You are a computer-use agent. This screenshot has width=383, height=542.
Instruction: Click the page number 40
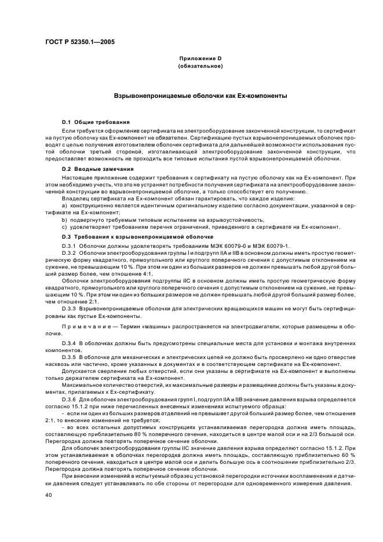(49, 495)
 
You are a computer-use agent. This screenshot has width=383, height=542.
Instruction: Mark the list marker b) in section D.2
(64, 219)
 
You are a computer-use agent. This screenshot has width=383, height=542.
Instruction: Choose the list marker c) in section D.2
(64, 228)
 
